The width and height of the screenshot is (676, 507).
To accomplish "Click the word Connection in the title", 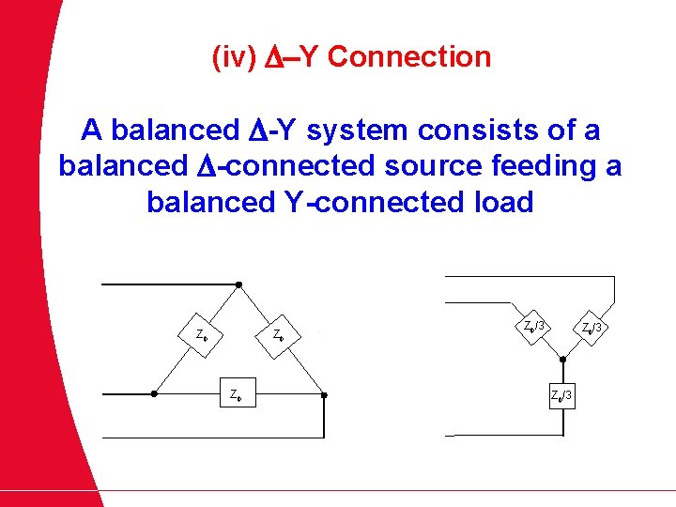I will (409, 57).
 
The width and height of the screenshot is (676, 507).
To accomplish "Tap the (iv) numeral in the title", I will (234, 57).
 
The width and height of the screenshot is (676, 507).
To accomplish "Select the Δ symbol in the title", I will (269, 57).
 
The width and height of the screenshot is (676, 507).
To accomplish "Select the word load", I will (502, 202).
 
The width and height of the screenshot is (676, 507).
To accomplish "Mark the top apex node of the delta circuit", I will (238, 284).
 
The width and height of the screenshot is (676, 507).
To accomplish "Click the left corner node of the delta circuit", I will (154, 395).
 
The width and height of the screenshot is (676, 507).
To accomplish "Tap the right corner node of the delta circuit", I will (324, 395).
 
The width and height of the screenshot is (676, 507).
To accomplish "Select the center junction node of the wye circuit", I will (561, 359).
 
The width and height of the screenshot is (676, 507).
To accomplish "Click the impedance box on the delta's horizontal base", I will (235, 395).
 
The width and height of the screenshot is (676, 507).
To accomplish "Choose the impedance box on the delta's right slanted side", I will (279, 334).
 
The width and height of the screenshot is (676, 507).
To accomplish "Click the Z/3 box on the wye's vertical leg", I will (561, 394).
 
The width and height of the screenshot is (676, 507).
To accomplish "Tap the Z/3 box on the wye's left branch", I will (533, 327).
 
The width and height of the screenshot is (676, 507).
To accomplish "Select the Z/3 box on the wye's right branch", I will (591, 328).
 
